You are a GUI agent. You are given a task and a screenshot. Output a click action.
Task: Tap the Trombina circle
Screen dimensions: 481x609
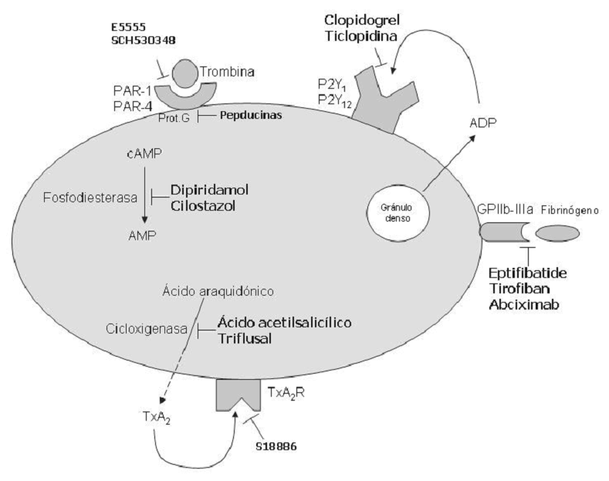pos(184,75)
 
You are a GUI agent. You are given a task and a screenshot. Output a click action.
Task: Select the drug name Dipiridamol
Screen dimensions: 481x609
pos(212,189)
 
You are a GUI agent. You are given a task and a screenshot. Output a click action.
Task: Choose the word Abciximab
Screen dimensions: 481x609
pos(525,307)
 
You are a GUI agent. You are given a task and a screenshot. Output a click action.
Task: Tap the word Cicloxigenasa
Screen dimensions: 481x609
pos(147,330)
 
